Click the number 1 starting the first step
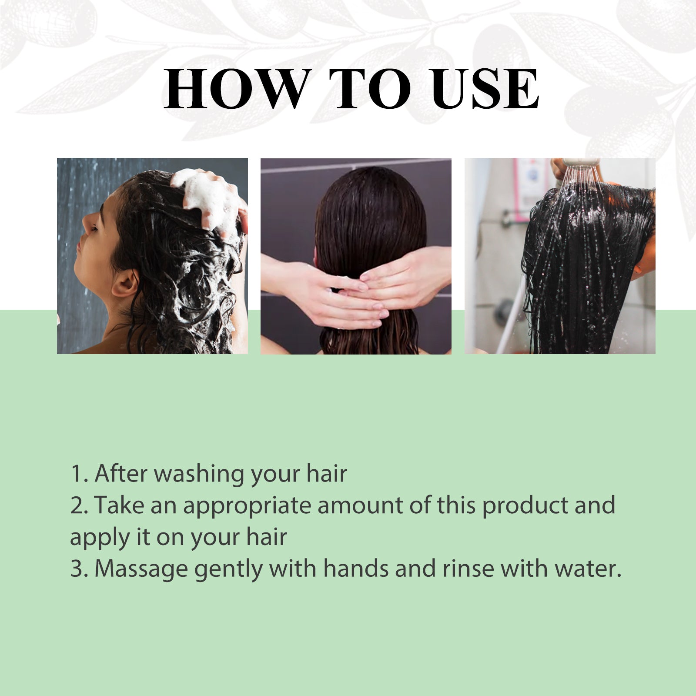(x=76, y=474)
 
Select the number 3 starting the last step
(x=77, y=569)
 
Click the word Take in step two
(x=119, y=506)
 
